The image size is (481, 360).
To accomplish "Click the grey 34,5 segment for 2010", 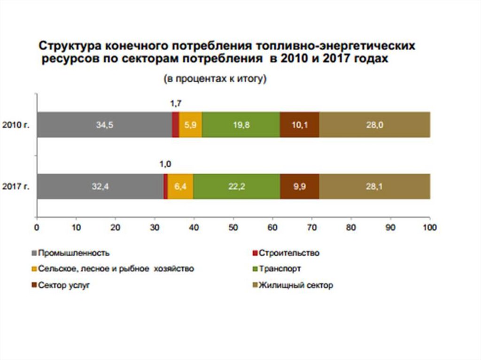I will (105, 125).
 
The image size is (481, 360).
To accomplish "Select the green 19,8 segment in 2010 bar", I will (240, 125).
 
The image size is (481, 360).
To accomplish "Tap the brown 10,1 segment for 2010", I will (299, 125).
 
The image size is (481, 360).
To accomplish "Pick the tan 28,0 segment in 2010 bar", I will (374, 125).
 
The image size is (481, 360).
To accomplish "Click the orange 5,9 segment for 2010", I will (190, 125).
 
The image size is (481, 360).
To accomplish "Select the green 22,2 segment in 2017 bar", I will (236, 186).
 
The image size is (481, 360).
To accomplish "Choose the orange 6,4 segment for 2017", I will (180, 186).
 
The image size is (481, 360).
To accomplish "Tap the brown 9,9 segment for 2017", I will (299, 186).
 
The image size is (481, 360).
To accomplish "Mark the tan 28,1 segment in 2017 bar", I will (374, 186).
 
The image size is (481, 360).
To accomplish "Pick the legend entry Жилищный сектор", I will (296, 285).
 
